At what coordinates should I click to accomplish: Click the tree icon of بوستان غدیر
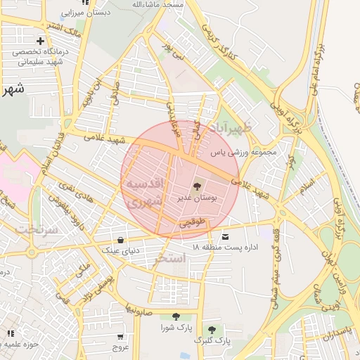195,187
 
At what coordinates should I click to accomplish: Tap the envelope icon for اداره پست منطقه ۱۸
226,236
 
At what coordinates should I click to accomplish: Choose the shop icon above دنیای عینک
122,239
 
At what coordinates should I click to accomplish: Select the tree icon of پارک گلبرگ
211,329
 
